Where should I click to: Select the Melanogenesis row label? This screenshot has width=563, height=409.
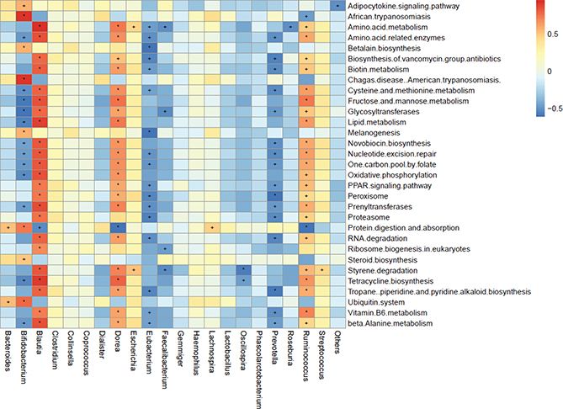(x=374, y=132)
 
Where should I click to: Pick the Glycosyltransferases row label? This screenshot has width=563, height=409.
(x=383, y=111)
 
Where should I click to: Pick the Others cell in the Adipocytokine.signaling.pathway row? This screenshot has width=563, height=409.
(x=337, y=6)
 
